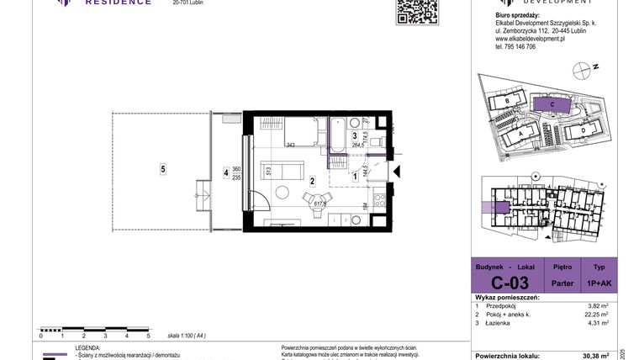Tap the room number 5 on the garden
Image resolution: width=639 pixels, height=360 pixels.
tap(162, 168)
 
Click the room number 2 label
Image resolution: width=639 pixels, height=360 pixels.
tap(312, 180)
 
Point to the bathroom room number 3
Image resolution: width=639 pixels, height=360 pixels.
tap(355, 135)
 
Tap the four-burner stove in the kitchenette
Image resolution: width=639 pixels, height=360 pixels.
tap(378, 202)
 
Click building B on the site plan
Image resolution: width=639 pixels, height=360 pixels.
tap(509, 102)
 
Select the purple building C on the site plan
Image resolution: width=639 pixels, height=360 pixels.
tap(551, 103)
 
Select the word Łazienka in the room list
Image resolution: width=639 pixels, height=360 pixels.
tap(506, 322)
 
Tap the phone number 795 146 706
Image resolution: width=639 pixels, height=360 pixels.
tap(516, 46)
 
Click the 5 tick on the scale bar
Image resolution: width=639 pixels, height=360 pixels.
tap(148, 335)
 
